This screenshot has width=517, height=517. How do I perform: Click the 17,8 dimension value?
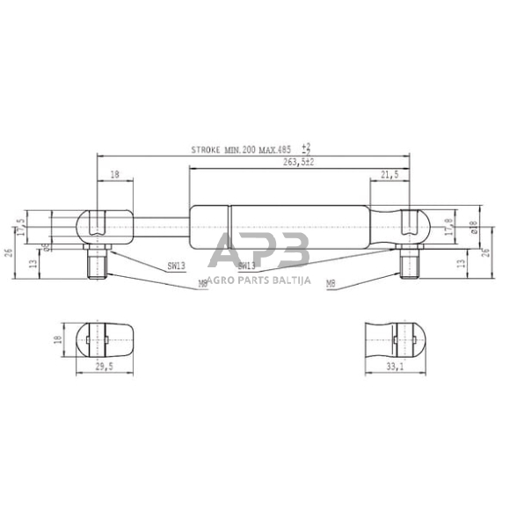click(450, 226)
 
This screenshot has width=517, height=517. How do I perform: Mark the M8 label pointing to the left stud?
click(202, 284)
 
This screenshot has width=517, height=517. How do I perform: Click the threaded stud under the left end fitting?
click(96, 261)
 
